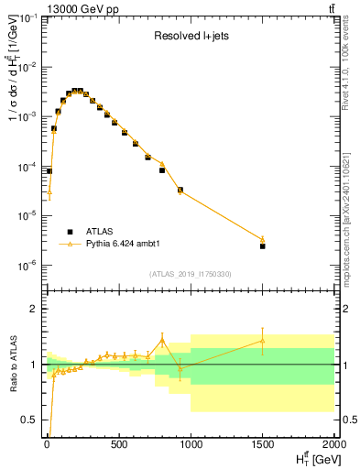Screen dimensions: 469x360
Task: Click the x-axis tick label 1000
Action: (x=191, y=446)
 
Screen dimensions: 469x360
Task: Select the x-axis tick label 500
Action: (x=118, y=446)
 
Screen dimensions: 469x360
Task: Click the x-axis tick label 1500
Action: (x=263, y=446)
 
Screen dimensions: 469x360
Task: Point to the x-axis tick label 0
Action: (x=47, y=446)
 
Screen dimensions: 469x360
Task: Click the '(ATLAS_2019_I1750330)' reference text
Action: (x=190, y=274)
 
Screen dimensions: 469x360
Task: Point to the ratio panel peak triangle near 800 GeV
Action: (x=162, y=340)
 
